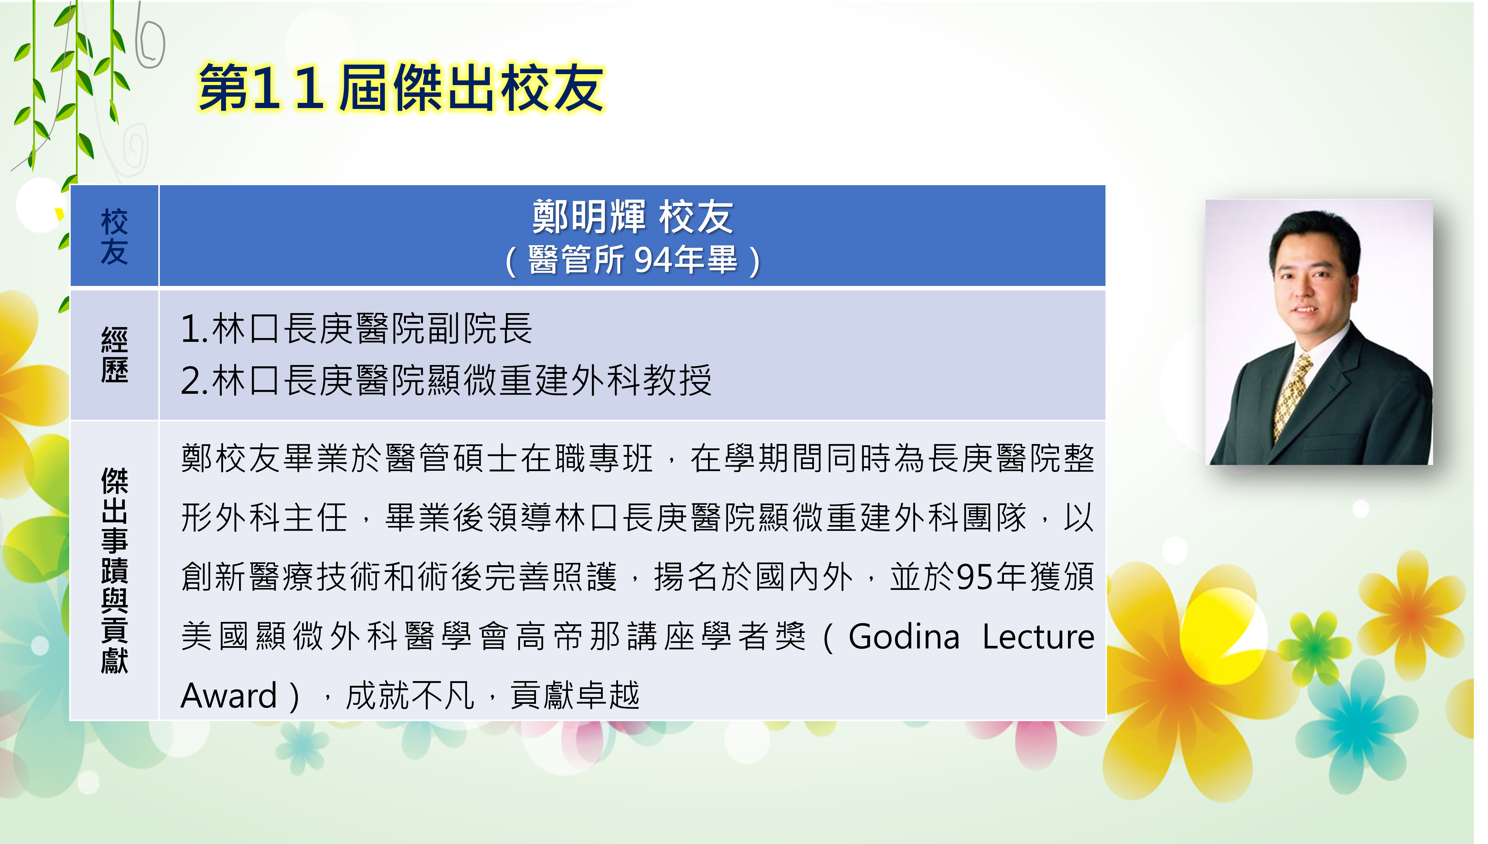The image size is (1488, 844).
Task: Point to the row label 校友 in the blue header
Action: (x=114, y=236)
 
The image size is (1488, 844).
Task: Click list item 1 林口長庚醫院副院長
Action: (x=357, y=329)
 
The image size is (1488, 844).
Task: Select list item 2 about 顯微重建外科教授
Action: (x=446, y=380)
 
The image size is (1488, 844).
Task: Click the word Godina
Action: (x=904, y=636)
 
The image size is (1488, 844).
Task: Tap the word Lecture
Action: (x=1038, y=636)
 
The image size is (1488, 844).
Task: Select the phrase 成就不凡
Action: (x=411, y=695)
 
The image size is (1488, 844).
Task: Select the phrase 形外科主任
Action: (x=264, y=517)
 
